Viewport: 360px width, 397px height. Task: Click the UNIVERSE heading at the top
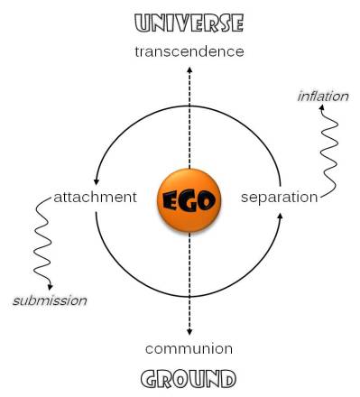189,23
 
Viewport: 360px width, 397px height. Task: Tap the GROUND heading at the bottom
189,376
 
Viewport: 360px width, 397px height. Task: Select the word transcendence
189,51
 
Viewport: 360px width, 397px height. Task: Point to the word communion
189,348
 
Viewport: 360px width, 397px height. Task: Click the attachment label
95,197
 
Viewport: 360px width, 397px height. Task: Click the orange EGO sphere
189,199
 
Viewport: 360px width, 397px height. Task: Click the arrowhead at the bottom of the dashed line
189,331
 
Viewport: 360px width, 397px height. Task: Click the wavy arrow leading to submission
42,244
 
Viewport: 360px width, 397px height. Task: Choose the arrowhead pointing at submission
51,287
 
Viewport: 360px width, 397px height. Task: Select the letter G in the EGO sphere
189,200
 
